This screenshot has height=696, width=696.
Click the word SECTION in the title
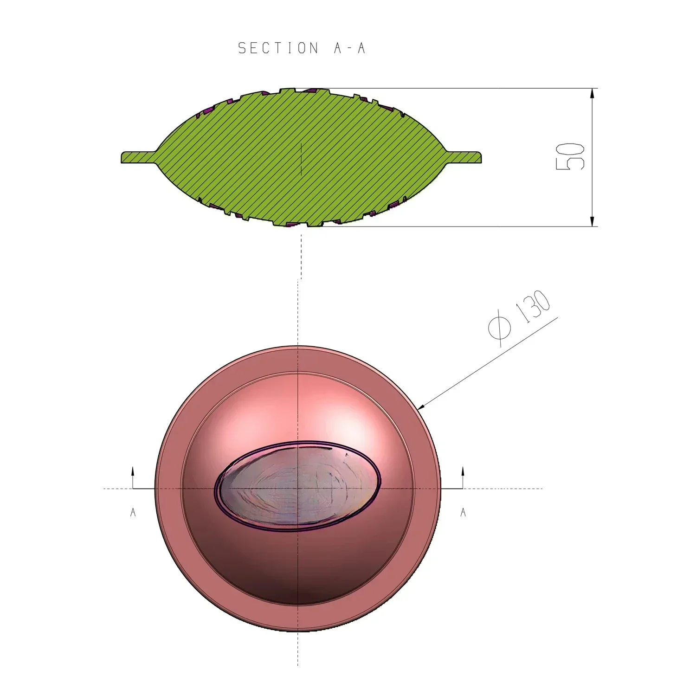tap(278, 48)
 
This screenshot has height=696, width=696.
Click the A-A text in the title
tap(349, 48)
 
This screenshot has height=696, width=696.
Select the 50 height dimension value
tap(570, 157)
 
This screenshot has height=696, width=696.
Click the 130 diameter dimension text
tap(535, 307)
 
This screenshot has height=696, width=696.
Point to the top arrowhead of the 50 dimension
tap(592, 93)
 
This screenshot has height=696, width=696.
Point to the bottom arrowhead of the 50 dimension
tap(592, 221)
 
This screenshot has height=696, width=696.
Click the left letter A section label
tap(133, 512)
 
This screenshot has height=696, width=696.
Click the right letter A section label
tap(463, 512)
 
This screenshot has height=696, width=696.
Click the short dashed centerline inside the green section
tap(302, 159)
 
